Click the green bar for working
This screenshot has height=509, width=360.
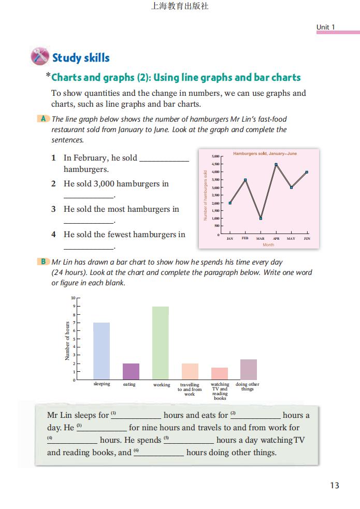pyautogui.click(x=161, y=343)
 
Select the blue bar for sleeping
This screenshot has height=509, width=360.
pyautogui.click(x=102, y=351)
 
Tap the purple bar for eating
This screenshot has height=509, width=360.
pyautogui.click(x=131, y=371)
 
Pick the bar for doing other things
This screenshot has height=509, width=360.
pyautogui.click(x=249, y=369)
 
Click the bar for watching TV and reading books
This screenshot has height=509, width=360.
pyautogui.click(x=220, y=373)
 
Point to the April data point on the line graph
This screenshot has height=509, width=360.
pyautogui.click(x=276, y=165)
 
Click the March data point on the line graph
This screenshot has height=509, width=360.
pyautogui.click(x=261, y=219)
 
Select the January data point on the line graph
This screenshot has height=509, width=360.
pyautogui.click(x=230, y=203)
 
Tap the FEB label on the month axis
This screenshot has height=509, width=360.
pyautogui.click(x=246, y=239)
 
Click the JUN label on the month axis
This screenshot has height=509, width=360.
pyautogui.click(x=307, y=239)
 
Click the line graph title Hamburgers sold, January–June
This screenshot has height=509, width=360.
pyautogui.click(x=265, y=154)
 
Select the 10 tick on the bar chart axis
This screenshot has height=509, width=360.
pyautogui.click(x=73, y=298)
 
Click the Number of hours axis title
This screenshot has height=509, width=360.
pyautogui.click(x=67, y=341)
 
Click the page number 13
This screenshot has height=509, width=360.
pyautogui.click(x=334, y=485)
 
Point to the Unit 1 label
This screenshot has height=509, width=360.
pyautogui.click(x=326, y=27)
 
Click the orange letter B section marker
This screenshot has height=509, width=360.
pyautogui.click(x=44, y=261)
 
